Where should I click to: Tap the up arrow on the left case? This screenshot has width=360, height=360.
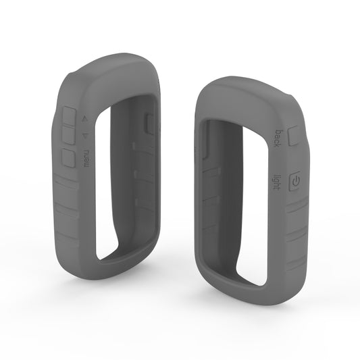pyautogui.click(x=84, y=120)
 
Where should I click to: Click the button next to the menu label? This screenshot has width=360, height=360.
pyautogui.click(x=68, y=158)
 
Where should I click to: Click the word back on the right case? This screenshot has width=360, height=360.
pyautogui.click(x=278, y=138)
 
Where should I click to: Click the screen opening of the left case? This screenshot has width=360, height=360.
pyautogui.click(x=118, y=182)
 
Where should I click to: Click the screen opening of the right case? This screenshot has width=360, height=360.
pyautogui.click(x=240, y=203)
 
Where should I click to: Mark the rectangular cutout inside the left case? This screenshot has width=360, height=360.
pyautogui.click(x=150, y=122)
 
